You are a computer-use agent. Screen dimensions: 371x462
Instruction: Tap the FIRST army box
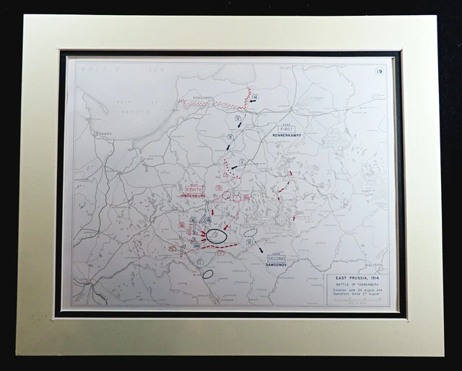click(x=286, y=129)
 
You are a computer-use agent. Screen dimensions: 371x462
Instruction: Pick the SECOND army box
click(x=276, y=258)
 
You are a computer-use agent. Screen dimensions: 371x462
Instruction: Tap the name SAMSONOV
click(x=276, y=264)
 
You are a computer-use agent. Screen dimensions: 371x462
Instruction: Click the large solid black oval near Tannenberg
click(x=217, y=236)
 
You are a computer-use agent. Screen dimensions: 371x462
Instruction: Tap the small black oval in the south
click(x=208, y=274)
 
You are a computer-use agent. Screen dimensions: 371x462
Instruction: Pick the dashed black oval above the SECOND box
click(x=250, y=233)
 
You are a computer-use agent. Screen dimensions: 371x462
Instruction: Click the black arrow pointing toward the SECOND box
click(x=256, y=247)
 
